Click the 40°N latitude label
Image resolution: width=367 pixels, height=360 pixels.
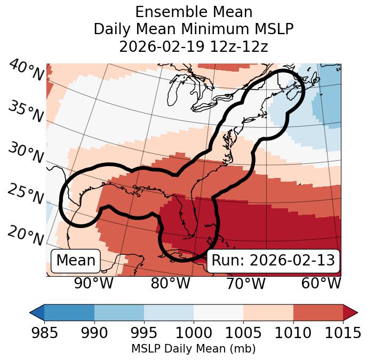pyautogui.click(x=26, y=71)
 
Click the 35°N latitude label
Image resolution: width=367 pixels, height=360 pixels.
pyautogui.click(x=26, y=111)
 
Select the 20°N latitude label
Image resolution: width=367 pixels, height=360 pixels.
pyautogui.click(x=26, y=236)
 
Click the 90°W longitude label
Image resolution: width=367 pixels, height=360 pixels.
pyautogui.click(x=94, y=283)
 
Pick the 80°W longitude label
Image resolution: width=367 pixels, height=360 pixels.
pyautogui.click(x=170, y=283)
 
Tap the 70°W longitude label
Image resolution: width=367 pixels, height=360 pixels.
pyautogui.click(x=245, y=283)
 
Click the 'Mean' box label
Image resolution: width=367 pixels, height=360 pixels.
pyautogui.click(x=76, y=261)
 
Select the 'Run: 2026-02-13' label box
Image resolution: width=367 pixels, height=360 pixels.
pyautogui.click(x=273, y=261)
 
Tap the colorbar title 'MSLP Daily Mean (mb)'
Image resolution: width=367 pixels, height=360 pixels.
pyautogui.click(x=194, y=349)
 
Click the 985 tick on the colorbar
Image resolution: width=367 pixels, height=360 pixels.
pyautogui.click(x=44, y=333)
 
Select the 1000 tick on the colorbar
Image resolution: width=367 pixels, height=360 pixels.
pyautogui.click(x=194, y=333)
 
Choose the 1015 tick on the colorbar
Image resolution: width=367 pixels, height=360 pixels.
pyautogui.click(x=342, y=333)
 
